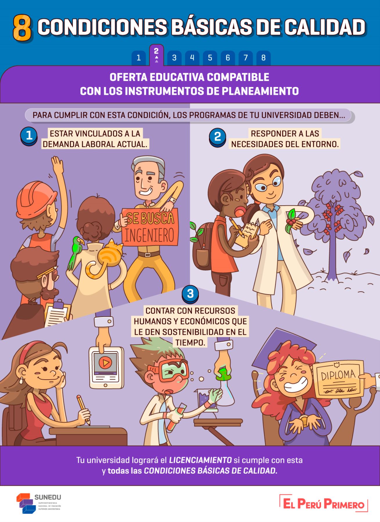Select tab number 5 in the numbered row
click(210, 58)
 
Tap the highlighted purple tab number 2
click(156, 55)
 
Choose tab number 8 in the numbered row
click(263, 58)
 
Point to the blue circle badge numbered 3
click(190, 294)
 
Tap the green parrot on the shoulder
click(75, 251)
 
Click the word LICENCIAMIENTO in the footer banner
click(200, 460)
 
